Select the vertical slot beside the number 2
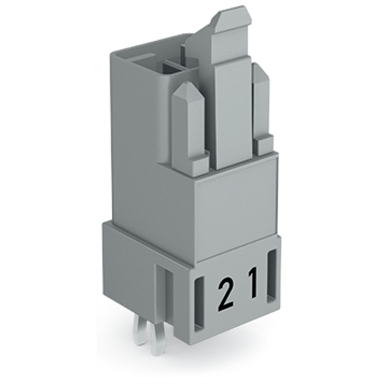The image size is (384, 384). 200,303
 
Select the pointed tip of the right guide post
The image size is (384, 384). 260,73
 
